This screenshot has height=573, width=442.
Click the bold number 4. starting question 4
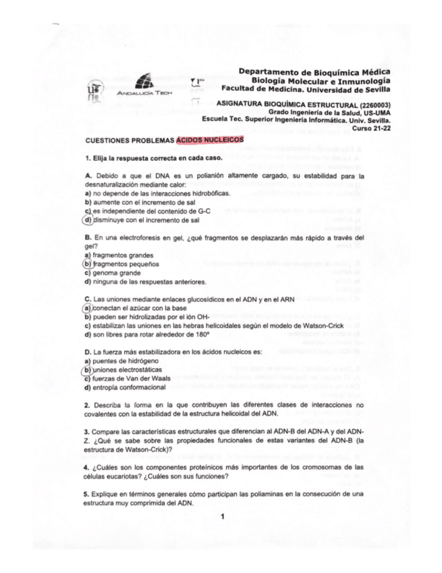[87, 466]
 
